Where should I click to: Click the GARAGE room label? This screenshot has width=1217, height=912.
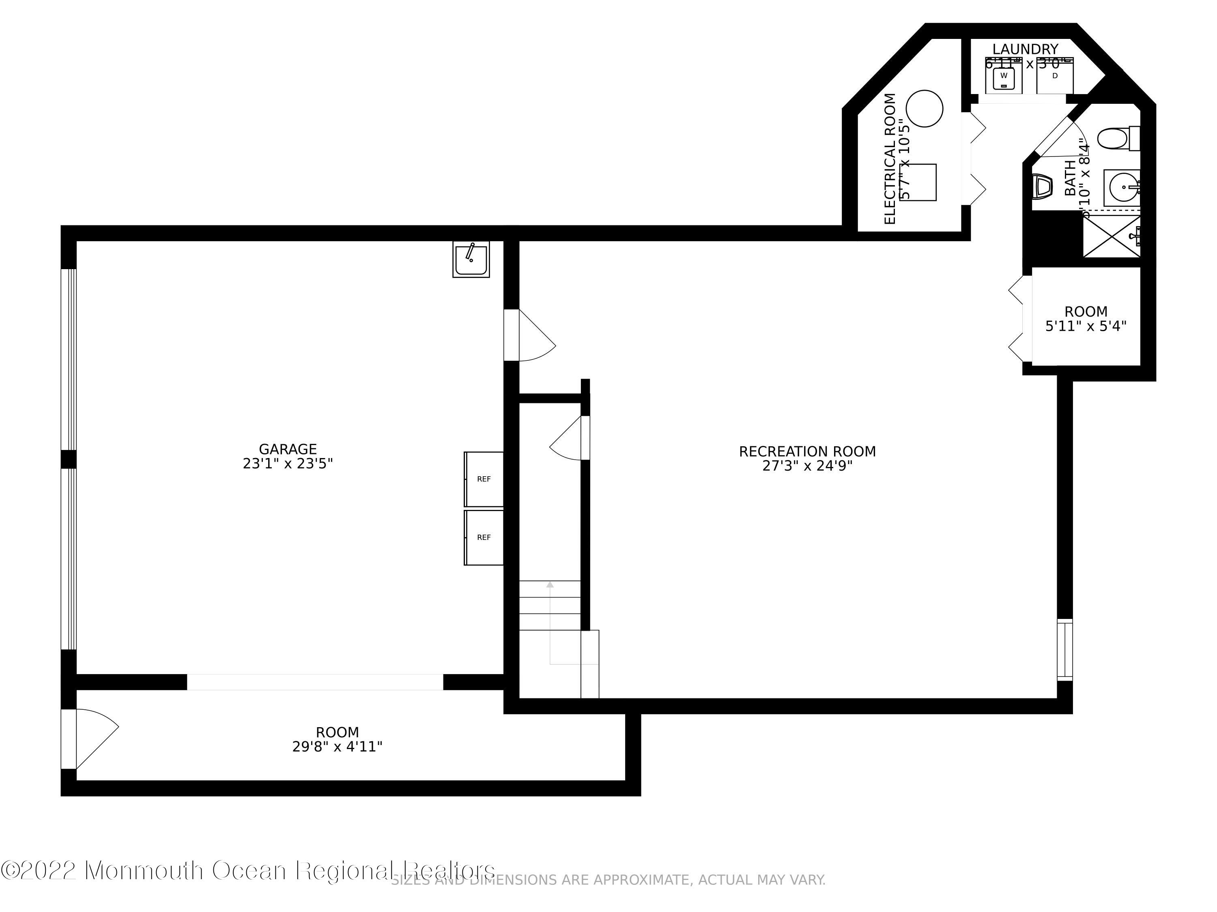coord(288,449)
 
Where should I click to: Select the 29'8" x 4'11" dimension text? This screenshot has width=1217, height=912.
coord(337,747)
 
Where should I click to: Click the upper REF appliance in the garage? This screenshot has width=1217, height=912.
coord(484,479)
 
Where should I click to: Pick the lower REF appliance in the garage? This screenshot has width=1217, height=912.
coord(484,537)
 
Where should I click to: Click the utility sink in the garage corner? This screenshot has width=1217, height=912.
coord(471,259)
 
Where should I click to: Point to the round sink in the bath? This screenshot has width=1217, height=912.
coord(1121,188)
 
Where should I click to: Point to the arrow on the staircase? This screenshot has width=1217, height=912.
coord(550,584)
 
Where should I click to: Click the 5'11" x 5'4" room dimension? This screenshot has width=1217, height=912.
coord(1086,326)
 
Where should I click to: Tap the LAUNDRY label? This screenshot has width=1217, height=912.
coord(1025,49)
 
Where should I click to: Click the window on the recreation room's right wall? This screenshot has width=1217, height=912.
coord(1064,649)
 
